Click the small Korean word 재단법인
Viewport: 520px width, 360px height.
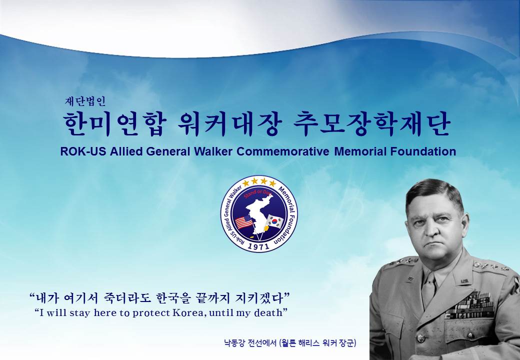point(85,101)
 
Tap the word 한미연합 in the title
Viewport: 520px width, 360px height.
point(114,123)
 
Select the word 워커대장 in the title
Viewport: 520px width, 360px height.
point(230,123)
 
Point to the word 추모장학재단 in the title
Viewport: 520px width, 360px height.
point(372,123)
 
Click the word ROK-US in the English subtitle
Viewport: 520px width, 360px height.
point(83,151)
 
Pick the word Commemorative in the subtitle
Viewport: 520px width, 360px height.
point(283,151)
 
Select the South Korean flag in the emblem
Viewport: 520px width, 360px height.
point(275,221)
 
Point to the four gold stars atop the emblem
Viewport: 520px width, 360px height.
point(259,182)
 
